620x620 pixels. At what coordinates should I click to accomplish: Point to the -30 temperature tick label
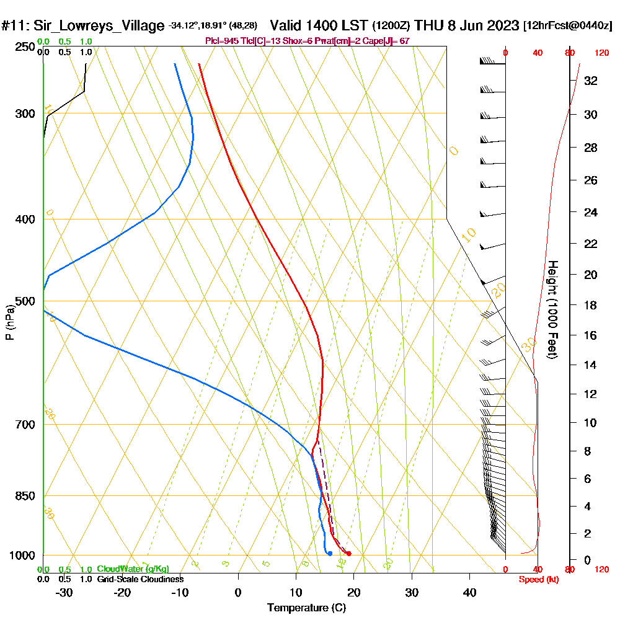64,592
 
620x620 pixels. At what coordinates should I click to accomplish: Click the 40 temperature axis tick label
469,592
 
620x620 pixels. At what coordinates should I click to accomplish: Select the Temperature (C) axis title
306,608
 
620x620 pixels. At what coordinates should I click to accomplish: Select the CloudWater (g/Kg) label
133,569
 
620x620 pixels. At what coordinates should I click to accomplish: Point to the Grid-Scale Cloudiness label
140,579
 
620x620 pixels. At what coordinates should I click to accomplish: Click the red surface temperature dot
349,554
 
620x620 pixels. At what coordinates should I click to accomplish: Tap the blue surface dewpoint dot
330,553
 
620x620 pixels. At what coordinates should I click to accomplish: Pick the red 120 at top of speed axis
601,53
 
